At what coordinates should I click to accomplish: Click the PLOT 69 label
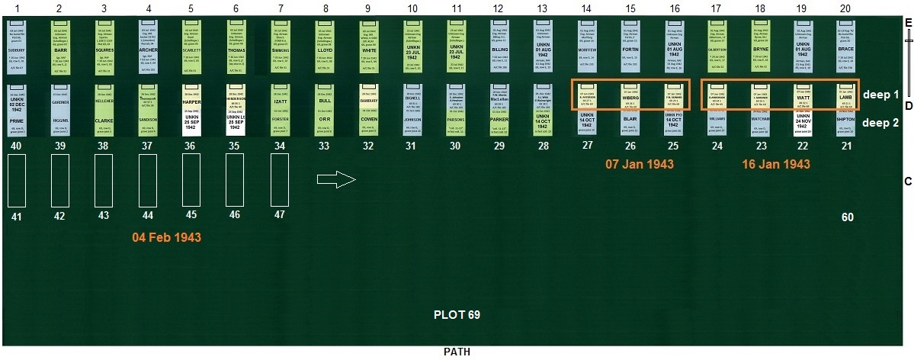[457, 313]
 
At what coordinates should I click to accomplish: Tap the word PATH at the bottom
[457, 352]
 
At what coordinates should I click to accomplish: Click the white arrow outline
[336, 180]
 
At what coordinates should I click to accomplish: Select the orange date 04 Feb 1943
[167, 237]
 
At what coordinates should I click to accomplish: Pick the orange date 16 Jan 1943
[775, 164]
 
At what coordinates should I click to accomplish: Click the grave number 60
[847, 217]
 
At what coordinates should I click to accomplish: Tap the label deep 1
[881, 94]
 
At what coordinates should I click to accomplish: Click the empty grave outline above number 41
[18, 180]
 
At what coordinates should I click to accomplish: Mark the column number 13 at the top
[543, 8]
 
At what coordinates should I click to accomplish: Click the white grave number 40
[17, 145]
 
